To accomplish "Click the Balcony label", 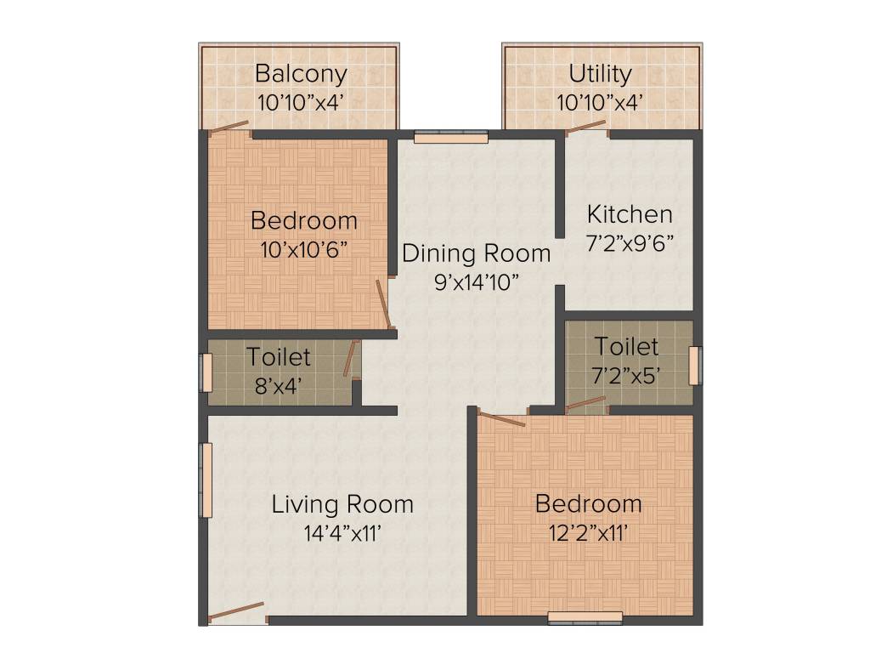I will (x=301, y=74).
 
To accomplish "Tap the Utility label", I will (x=600, y=74).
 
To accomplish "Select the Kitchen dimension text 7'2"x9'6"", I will (x=630, y=243).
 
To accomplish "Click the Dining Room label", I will (x=476, y=253).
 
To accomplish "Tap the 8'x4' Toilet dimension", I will (x=278, y=385).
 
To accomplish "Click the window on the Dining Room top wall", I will (x=450, y=135).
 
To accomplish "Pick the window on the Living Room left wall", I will (x=205, y=480).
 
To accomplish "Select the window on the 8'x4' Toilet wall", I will (x=205, y=372).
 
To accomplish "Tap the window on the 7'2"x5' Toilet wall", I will (x=696, y=365).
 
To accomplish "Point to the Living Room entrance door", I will (x=237, y=612).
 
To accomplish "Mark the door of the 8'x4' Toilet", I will (x=349, y=359).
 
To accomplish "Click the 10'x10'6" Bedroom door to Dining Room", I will (x=385, y=304).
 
